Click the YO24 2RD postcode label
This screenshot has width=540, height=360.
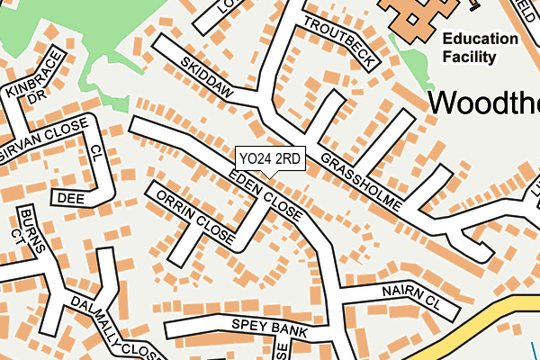click(269, 158)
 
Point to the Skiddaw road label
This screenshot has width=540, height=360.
click(206, 78)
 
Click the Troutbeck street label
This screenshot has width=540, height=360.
click(338, 42)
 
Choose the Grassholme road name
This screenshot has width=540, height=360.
click(360, 179)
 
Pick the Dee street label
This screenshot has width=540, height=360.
click(70, 196)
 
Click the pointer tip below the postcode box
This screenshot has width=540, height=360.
click(269, 177)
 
